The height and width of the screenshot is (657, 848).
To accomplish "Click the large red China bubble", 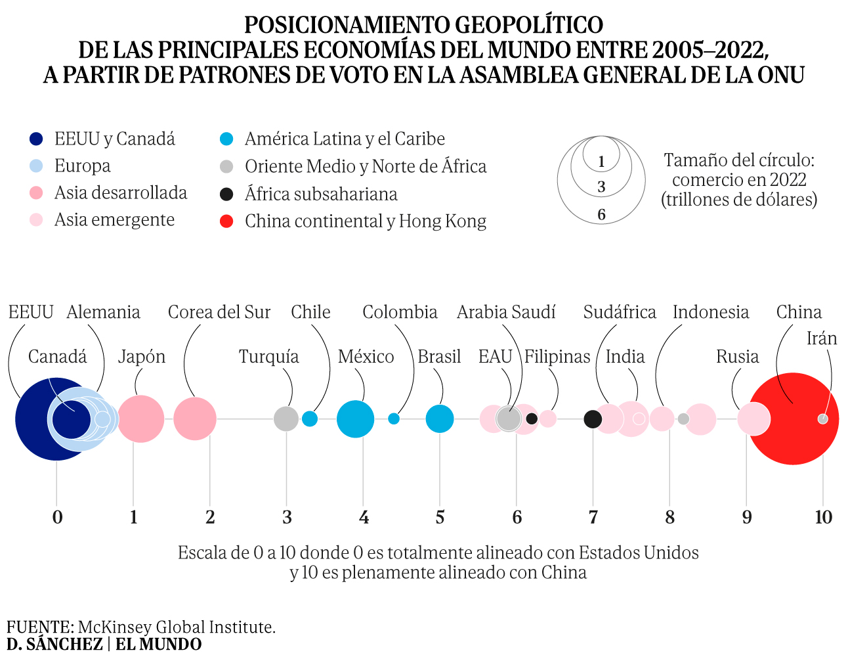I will coord(793,419).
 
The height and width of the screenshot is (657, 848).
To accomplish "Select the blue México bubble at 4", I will coord(355,419).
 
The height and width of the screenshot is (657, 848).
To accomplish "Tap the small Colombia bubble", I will coord(394,419).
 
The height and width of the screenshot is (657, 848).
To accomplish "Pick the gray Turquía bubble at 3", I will coord(286,419).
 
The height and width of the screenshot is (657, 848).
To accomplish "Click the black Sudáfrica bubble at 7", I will coord(593,419).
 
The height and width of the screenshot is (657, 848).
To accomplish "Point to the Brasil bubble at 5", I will coord(440,419).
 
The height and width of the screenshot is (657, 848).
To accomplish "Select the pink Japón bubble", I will coord(140,419).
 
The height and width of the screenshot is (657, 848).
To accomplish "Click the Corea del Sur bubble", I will coord(195,419).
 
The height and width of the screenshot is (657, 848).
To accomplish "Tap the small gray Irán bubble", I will coord(822,419).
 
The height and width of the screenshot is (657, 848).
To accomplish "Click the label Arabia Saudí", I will coord(506,312).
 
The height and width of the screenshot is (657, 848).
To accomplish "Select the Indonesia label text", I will coord(710,312).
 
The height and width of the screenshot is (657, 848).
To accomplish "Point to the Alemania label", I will coord(103,312).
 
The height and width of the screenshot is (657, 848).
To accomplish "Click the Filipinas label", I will coord(557,357).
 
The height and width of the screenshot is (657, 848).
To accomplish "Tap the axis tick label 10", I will coord(823,518).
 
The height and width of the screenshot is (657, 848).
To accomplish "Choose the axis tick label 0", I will coord(57,518).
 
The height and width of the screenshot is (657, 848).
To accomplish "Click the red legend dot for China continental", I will coord(226,221).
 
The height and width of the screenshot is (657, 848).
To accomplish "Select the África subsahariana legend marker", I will coord(226,194).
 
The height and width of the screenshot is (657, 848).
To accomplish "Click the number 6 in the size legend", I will coord(601,215).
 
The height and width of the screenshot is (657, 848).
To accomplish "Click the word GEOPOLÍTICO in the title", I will coord(529,25).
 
